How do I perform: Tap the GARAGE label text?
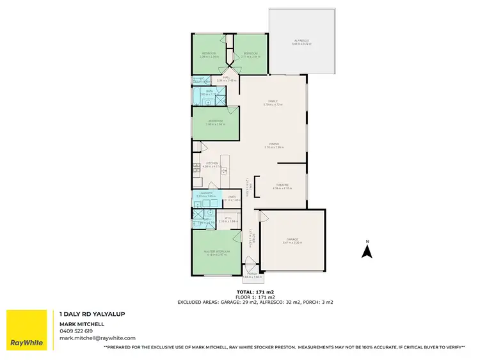[x=291, y=240]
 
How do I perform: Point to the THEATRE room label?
[x=282, y=186]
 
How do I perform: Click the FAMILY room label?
[x=273, y=102]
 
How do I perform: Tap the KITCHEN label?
[x=212, y=164]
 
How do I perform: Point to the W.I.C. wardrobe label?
[x=228, y=220]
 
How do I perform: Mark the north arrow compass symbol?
[x=367, y=250]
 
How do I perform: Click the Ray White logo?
[x=26, y=330]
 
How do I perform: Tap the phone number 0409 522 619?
[x=76, y=331]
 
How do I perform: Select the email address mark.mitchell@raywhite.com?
[x=97, y=338]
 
